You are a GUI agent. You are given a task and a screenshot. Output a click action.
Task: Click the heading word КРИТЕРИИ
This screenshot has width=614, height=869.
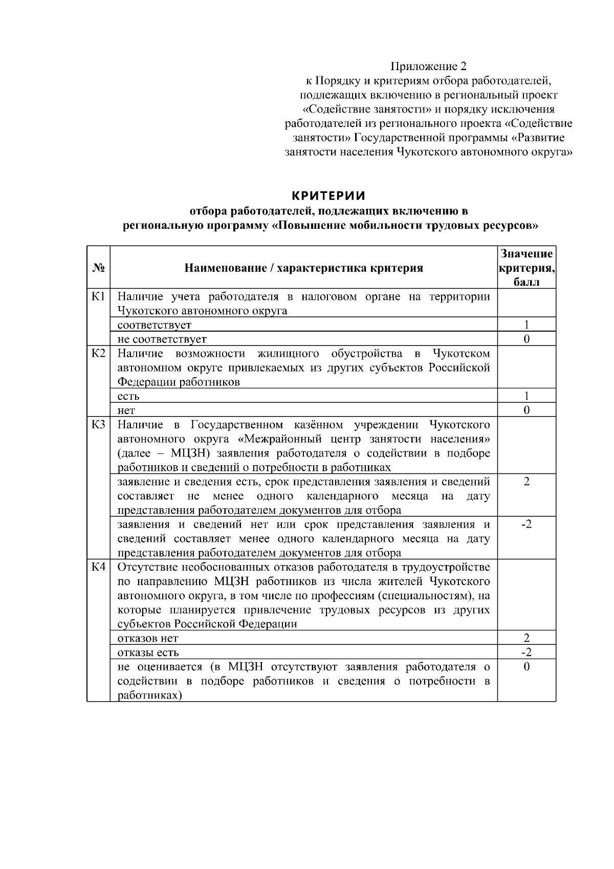tap(328, 196)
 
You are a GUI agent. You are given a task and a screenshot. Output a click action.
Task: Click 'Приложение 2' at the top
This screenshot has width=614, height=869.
tap(429, 66)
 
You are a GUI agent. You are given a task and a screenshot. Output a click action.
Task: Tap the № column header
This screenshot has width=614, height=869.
tap(99, 268)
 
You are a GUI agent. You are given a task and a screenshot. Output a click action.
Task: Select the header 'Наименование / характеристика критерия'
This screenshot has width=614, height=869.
tap(303, 268)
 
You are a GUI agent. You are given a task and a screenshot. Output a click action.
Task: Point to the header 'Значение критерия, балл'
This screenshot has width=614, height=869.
tap(527, 268)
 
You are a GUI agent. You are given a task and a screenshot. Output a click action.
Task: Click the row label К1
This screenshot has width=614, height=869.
tap(98, 296)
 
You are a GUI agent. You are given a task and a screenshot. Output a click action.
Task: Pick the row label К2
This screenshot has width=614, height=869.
tap(98, 354)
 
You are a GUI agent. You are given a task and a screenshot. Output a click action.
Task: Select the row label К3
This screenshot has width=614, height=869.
tap(98, 425)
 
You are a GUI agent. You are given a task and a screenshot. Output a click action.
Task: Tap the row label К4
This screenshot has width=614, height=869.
tap(98, 567)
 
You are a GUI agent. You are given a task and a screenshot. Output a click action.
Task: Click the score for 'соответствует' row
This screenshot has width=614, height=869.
tap(527, 324)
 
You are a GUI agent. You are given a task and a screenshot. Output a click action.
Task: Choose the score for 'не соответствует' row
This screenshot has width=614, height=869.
tap(527, 339)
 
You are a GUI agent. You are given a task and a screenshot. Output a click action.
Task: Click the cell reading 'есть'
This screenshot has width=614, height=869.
tap(128, 396)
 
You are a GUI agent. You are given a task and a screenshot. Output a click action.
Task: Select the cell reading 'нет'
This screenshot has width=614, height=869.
tap(126, 410)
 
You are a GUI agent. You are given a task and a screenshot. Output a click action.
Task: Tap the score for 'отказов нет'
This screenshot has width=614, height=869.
tap(527, 638)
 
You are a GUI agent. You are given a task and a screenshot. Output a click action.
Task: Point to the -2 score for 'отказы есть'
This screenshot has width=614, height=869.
tap(527, 652)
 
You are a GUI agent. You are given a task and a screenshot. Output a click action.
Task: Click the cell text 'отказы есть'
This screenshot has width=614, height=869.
tap(148, 653)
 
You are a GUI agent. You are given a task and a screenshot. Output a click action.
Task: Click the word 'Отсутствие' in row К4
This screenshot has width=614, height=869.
tap(149, 567)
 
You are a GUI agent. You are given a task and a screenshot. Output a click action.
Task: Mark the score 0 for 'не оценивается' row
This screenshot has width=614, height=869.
tap(527, 666)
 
